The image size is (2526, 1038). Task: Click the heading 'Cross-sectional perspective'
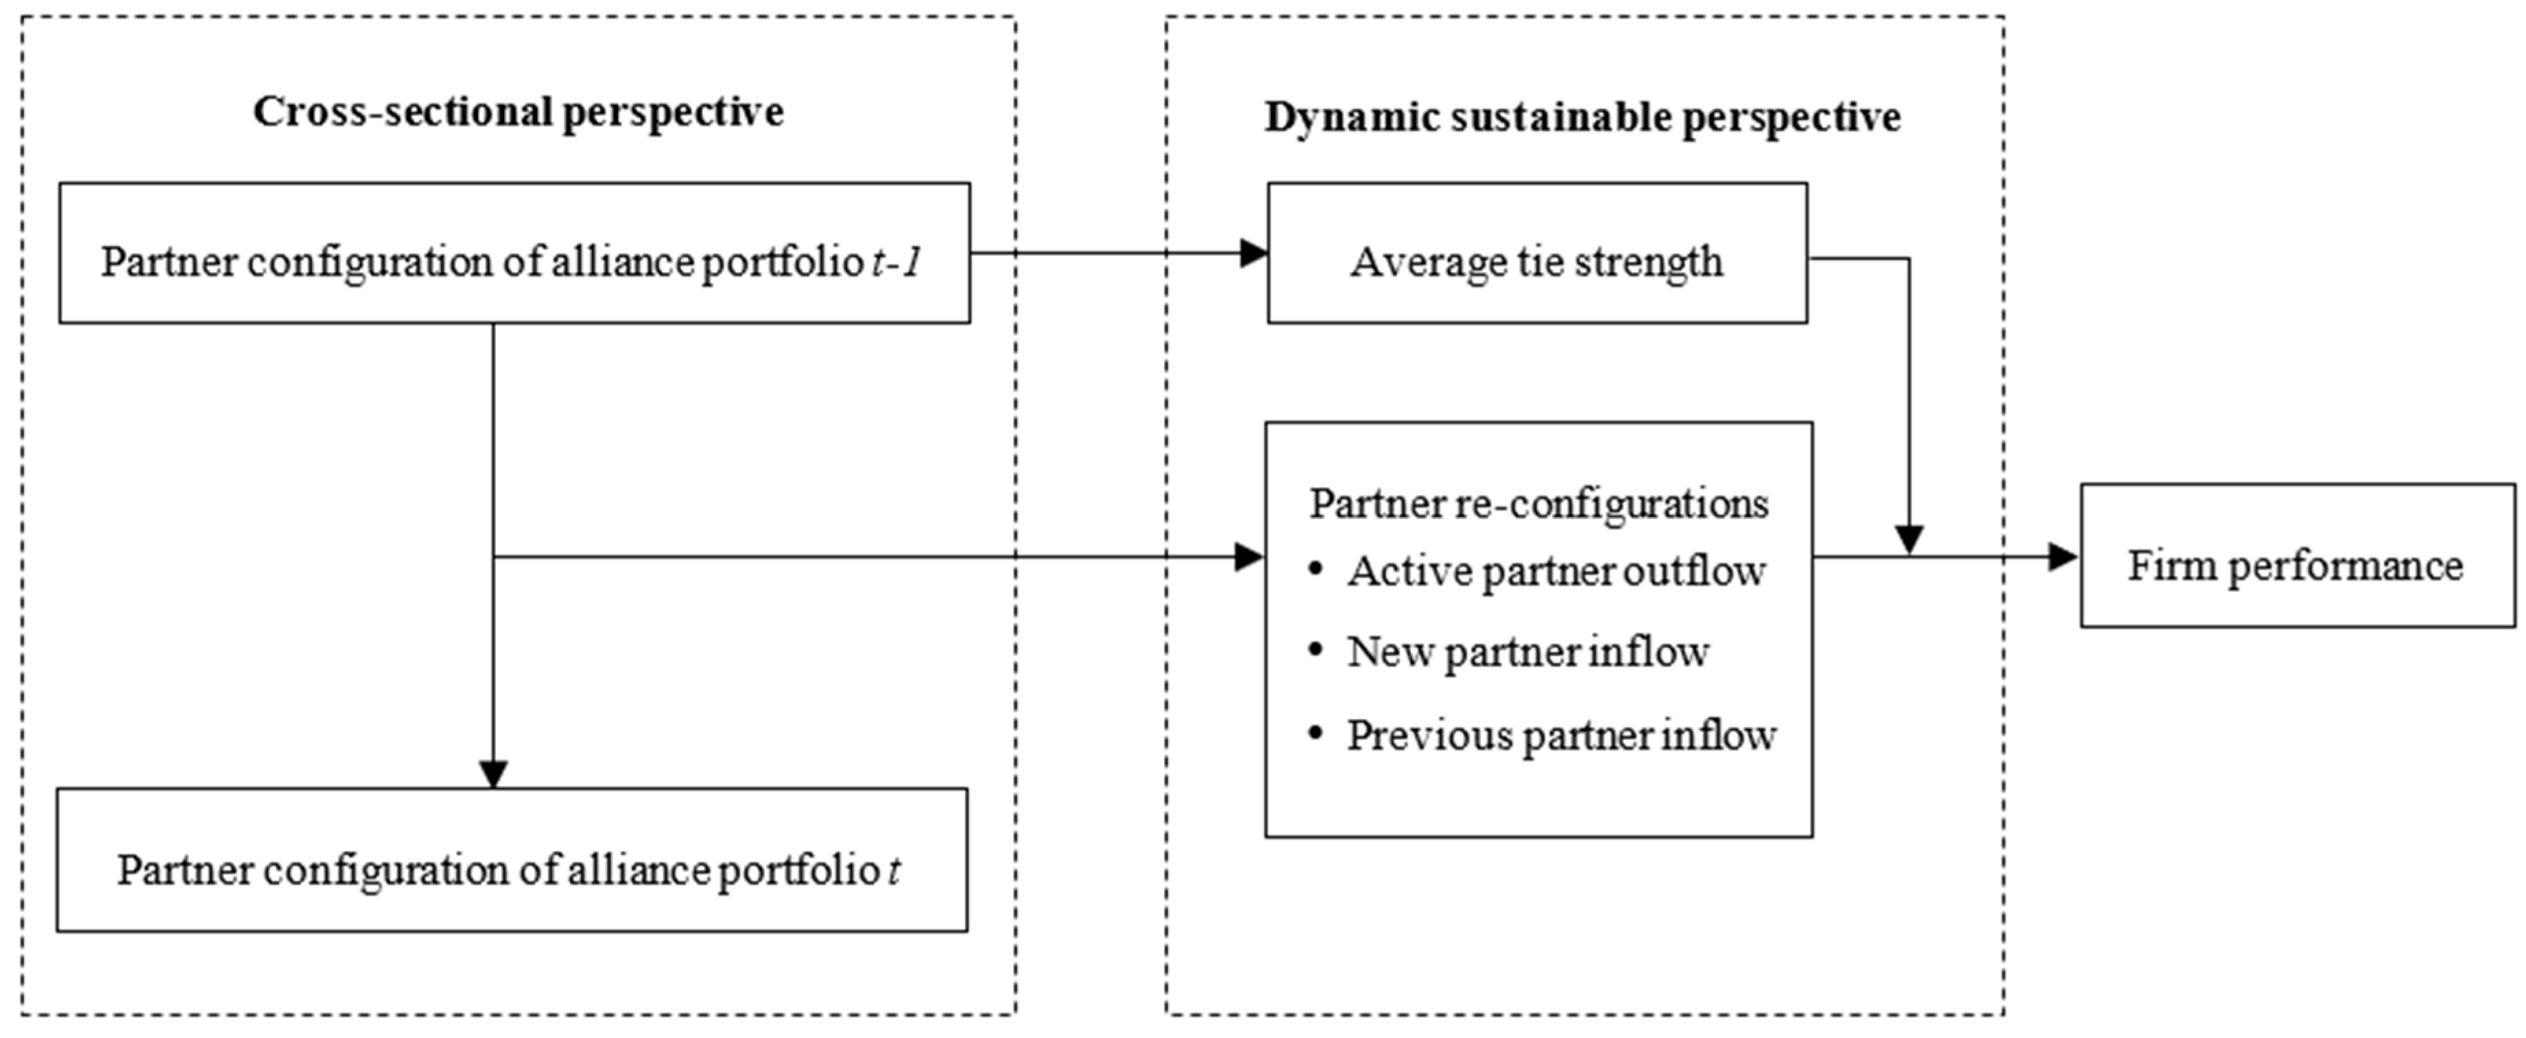[x=518, y=112]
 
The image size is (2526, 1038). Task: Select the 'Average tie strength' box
[x=1536, y=253]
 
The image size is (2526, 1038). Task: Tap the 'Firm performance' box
[x=2296, y=556]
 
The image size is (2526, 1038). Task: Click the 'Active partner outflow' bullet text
[x=1556, y=571]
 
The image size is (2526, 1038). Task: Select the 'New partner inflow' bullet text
[x=1528, y=653]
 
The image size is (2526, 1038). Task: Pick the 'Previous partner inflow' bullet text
[x=1561, y=735]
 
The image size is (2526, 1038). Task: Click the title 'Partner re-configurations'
[x=1538, y=505]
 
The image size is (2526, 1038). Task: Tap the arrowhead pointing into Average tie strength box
[x=1253, y=253]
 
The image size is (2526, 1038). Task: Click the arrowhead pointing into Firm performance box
[x=2062, y=557]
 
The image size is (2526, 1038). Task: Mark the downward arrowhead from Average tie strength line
[x=1908, y=539]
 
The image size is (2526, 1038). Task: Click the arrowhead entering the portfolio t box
[x=493, y=773]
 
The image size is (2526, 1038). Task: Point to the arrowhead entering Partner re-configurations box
[x=1248, y=557]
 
